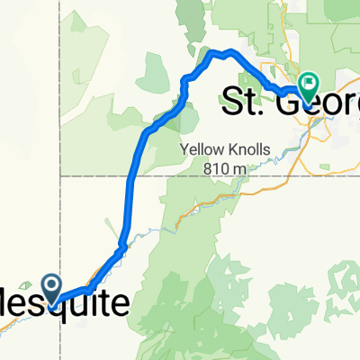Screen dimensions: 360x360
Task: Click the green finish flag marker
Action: click(309, 86)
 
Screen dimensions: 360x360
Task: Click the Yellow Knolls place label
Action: click(226, 151)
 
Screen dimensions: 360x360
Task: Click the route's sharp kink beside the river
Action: click(121, 244)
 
